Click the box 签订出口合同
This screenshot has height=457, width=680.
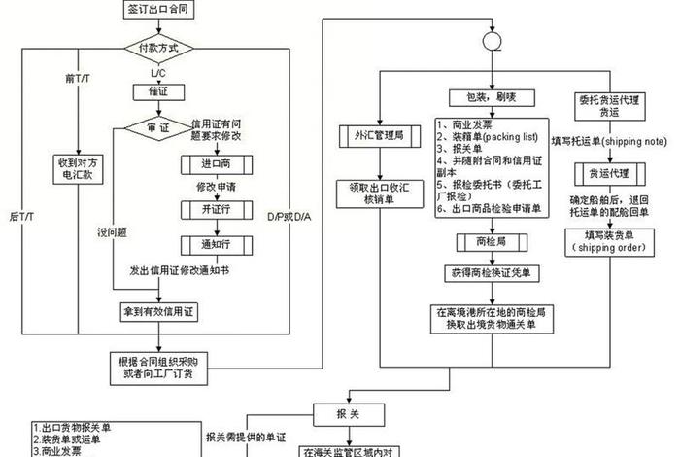(158, 9)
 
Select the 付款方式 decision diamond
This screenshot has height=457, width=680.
(158, 48)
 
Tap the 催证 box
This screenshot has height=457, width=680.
(158, 92)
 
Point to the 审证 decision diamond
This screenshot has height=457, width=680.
(158, 128)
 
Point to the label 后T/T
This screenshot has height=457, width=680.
(20, 215)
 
